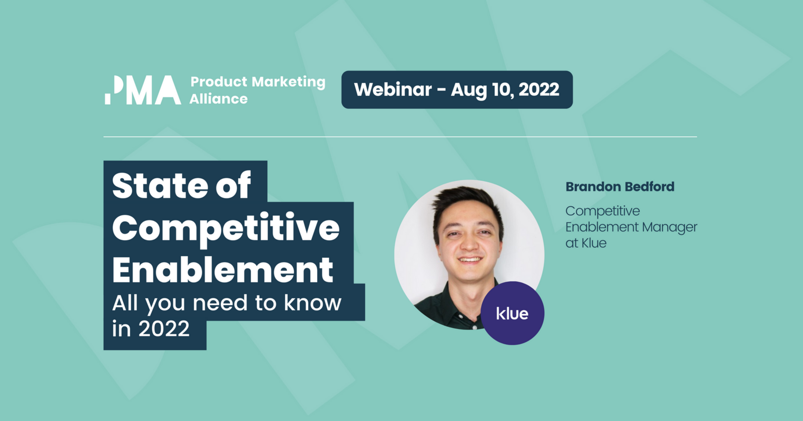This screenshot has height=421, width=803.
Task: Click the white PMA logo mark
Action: click(142, 89)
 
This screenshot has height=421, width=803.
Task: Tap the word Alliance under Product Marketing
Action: click(218, 99)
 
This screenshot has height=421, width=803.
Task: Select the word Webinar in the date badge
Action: click(393, 89)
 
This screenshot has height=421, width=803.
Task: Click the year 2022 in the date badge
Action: click(538, 89)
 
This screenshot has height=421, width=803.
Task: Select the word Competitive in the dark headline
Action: click(226, 227)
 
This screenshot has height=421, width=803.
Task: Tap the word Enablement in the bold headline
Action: click(222, 269)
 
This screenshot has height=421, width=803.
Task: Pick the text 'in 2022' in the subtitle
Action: click(151, 328)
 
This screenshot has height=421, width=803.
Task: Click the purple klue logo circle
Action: click(512, 314)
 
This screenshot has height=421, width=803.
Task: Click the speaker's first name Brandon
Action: click(590, 186)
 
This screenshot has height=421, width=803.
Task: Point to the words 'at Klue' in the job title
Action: click(586, 243)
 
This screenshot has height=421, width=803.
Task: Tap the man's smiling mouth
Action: click(469, 259)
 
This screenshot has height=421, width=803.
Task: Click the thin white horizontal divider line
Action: click(400, 137)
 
